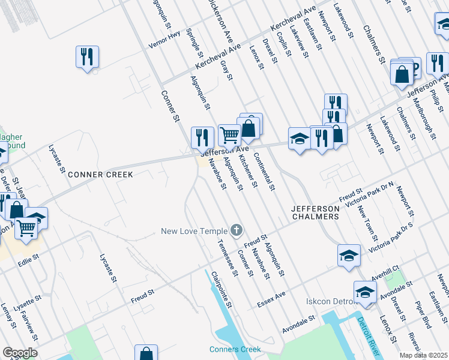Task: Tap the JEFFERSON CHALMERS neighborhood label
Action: point(315,212)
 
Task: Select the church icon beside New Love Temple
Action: point(237,230)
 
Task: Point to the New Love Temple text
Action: point(194,231)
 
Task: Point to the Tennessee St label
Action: point(224,254)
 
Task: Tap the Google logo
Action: point(19,353)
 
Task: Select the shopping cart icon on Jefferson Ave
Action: point(229,134)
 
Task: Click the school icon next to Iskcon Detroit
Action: point(364,292)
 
